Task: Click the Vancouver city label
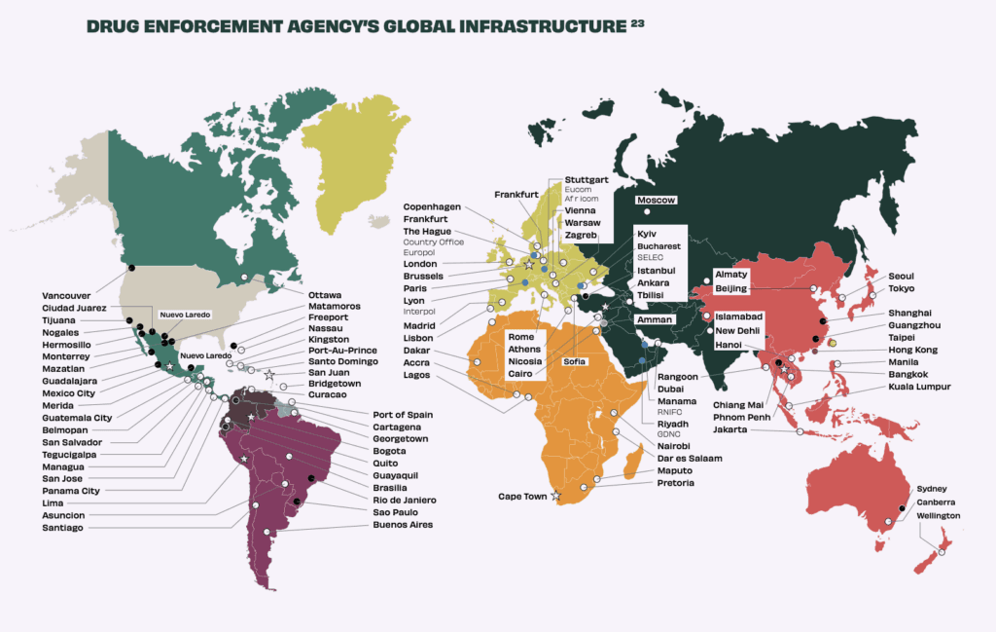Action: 66,295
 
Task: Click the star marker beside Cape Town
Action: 556,496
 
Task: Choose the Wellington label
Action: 938,515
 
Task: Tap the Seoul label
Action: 901,276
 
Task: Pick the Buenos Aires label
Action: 402,525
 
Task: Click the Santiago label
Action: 62,527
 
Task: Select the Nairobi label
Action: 673,445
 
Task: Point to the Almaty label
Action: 730,275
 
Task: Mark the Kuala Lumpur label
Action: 919,387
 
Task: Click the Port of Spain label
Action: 403,415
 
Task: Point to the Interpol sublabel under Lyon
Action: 419,312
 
